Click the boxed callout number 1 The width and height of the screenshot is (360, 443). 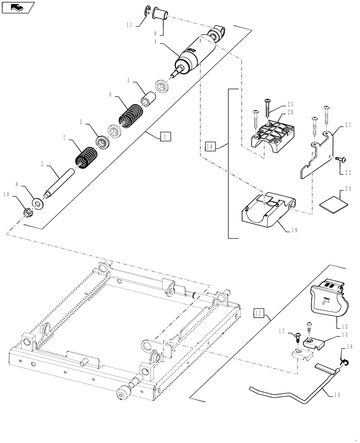[x=165, y=137]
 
